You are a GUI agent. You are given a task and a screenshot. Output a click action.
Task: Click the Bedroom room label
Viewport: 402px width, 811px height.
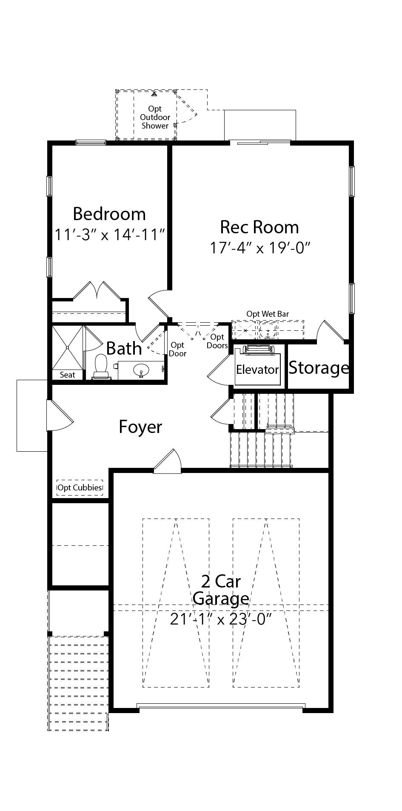(109, 214)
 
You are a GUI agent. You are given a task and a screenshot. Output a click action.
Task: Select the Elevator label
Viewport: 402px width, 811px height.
(257, 370)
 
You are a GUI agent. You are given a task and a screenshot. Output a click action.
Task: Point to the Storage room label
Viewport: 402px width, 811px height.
(319, 367)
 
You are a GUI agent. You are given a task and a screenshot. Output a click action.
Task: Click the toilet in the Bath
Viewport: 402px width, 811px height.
(101, 367)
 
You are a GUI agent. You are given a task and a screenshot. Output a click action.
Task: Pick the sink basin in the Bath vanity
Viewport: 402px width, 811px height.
(141, 371)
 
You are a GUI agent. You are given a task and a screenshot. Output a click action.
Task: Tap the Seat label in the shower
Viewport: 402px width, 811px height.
(68, 375)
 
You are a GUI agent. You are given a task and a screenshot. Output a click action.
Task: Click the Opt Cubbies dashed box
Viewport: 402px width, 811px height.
(80, 488)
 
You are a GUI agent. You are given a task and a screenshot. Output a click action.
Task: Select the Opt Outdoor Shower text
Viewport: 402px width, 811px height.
(155, 117)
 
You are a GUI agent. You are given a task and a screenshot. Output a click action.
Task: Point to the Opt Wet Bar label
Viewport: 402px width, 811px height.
(268, 314)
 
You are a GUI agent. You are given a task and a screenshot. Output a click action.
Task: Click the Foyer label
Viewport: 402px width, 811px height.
(140, 427)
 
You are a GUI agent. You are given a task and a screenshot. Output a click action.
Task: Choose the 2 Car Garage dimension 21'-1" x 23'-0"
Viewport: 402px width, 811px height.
(221, 619)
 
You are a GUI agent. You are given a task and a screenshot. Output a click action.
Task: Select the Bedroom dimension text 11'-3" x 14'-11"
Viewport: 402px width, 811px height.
(110, 234)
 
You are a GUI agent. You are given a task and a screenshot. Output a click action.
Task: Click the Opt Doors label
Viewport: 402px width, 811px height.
(217, 341)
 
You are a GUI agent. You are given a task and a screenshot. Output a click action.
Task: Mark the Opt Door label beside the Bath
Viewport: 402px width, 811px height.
(177, 349)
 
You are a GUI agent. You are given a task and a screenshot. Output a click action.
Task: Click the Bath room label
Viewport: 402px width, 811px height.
(124, 348)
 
